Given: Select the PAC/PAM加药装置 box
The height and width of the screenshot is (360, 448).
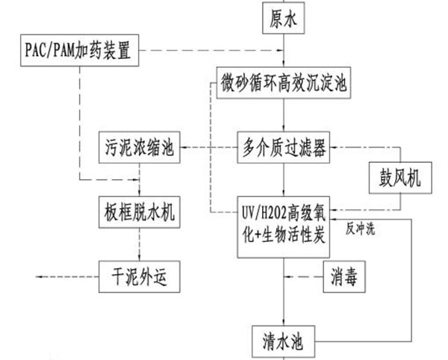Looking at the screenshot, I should (77, 51).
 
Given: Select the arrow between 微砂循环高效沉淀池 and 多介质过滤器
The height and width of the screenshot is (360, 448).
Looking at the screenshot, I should (283, 114).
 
